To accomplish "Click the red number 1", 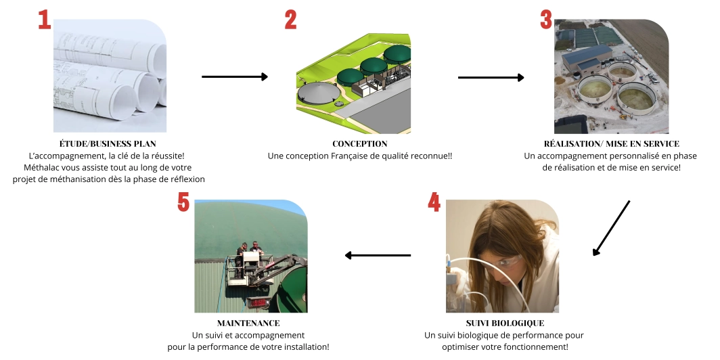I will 45,19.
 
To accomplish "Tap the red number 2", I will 290,19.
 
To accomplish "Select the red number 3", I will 545,19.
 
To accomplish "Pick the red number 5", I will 183,202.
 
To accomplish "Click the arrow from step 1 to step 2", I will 235,77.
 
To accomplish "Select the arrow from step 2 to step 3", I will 491,77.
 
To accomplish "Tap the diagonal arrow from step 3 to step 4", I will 611,228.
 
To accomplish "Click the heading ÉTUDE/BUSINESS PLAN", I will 108,143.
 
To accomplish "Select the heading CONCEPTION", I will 360,143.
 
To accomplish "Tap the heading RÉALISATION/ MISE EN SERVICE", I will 611,143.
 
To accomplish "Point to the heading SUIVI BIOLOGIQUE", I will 504,323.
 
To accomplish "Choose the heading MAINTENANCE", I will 248,323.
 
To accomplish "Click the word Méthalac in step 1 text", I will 43,167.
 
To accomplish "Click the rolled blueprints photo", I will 110,76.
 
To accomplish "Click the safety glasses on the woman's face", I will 509,263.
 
